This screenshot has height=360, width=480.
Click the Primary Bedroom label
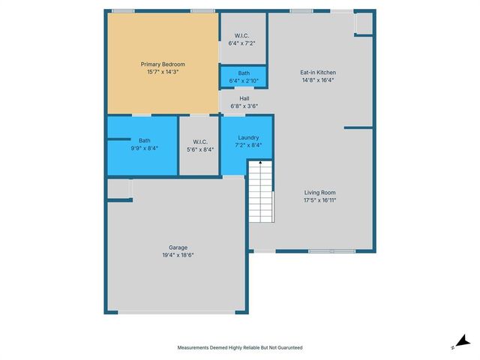pos(163,64)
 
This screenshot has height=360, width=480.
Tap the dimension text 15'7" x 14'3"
pos(163,73)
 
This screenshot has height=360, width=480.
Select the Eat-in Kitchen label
pos(317,73)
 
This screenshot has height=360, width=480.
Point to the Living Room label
pos(319,193)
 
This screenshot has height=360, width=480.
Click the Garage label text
pos(178,247)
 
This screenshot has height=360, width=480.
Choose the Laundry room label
pos(248,138)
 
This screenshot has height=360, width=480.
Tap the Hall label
pos(244,98)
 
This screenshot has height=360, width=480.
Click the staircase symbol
pos(260,193)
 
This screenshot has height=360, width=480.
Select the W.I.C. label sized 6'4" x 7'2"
pos(241,35)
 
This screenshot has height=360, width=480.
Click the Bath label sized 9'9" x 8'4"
pos(144,140)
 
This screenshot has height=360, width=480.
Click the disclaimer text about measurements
pos(239,347)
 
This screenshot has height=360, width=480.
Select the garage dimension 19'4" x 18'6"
pos(178,255)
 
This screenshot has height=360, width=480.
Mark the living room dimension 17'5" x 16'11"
pos(319,200)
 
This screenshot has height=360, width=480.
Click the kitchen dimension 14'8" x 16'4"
pos(317,80)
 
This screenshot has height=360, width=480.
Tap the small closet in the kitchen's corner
pos(363,23)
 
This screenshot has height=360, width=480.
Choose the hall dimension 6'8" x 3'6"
pos(244,106)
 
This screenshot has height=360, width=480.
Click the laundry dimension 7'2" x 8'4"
pos(248,145)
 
